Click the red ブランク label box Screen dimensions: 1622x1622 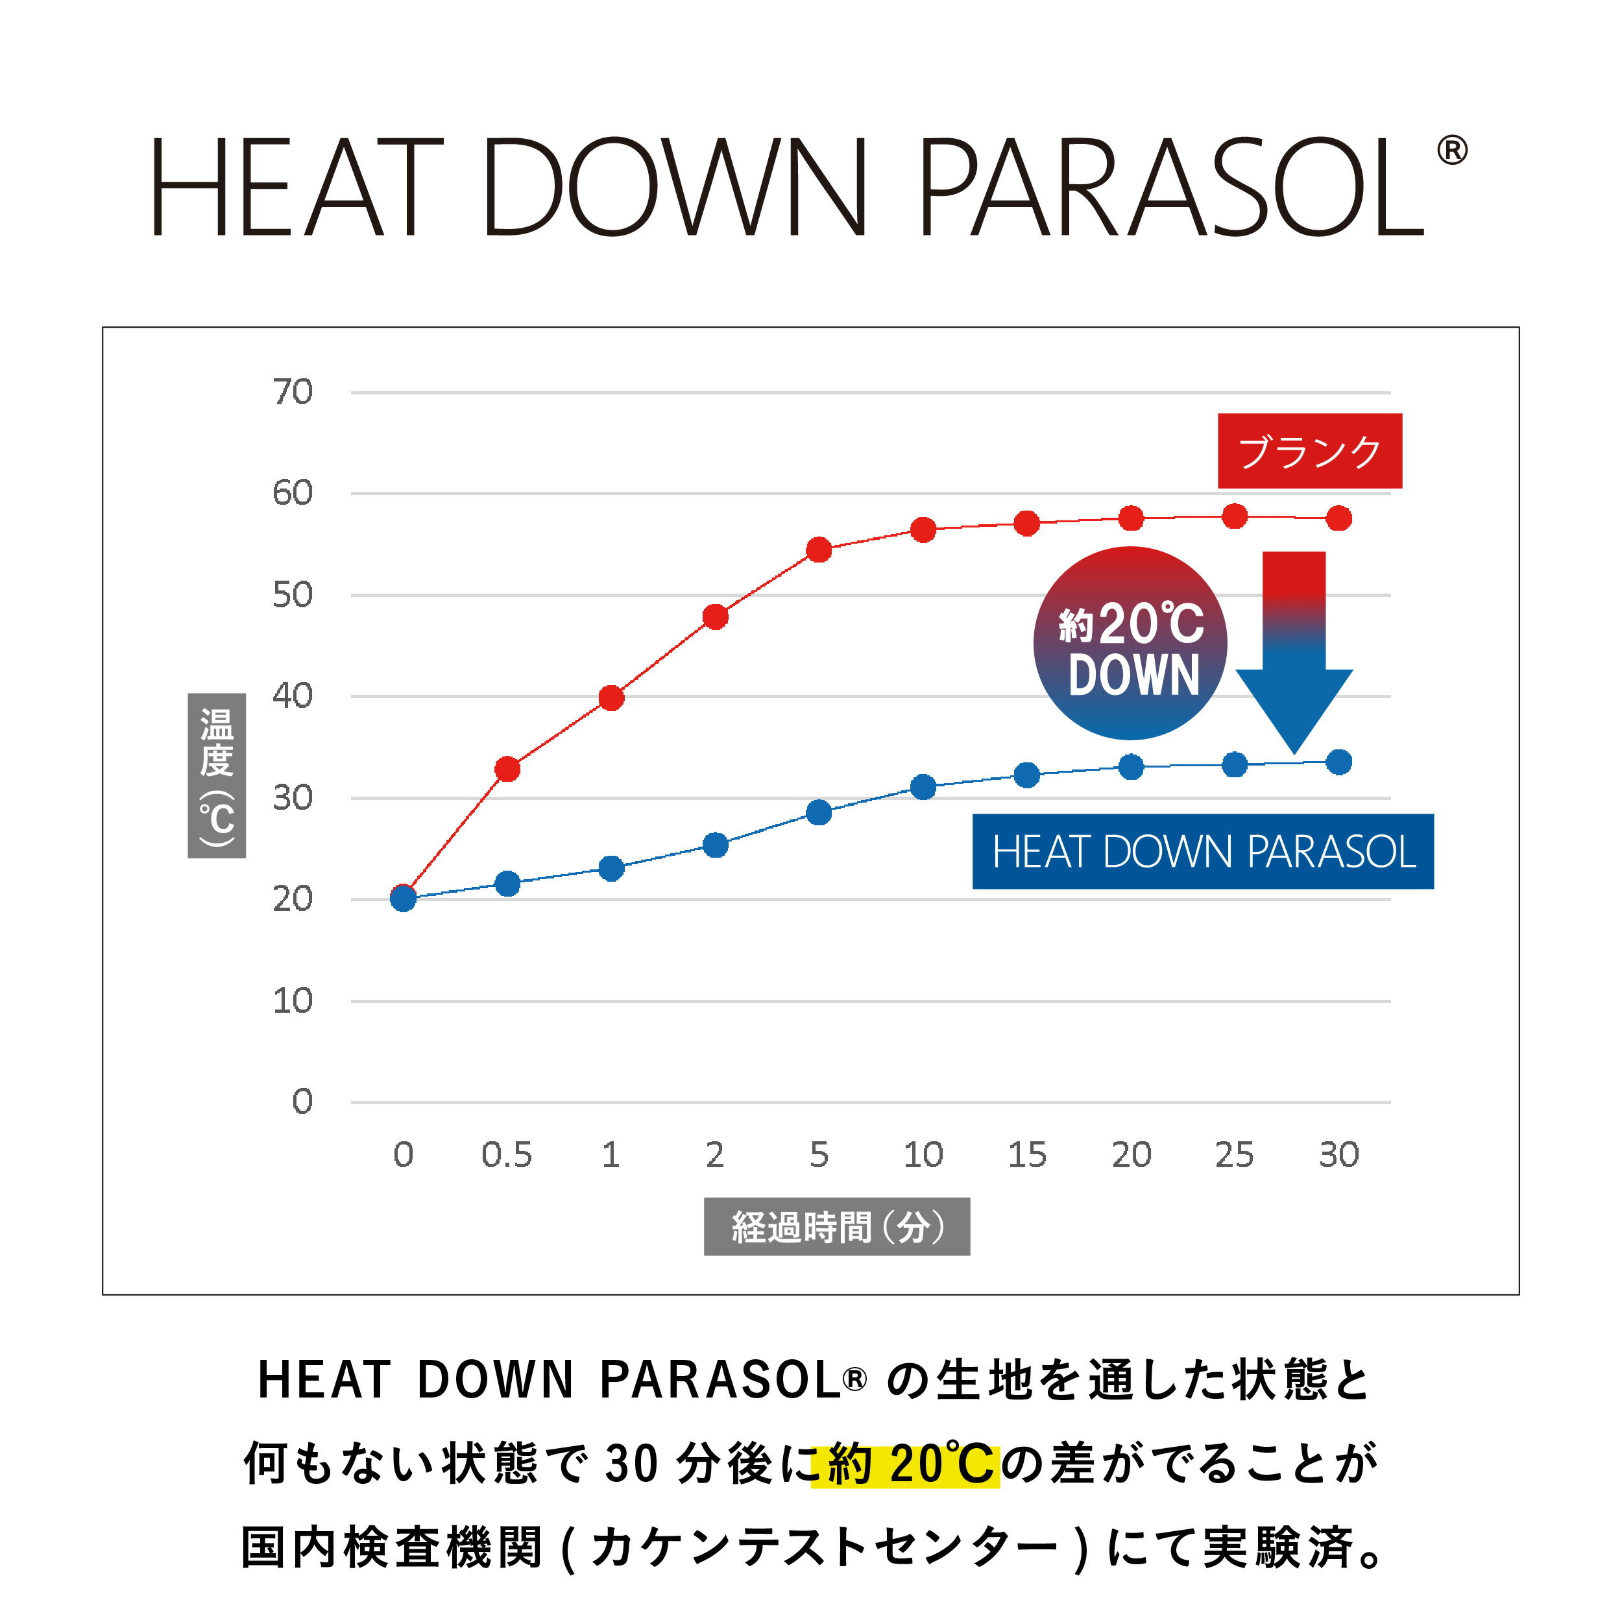pyautogui.click(x=1310, y=451)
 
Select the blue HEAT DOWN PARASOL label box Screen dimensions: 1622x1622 pyautogui.click(x=1203, y=851)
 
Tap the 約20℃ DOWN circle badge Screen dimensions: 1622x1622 pyautogui.click(x=1131, y=644)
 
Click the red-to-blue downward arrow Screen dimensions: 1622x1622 pyautogui.click(x=1294, y=651)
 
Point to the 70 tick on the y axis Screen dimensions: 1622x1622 pyautogui.click(x=292, y=392)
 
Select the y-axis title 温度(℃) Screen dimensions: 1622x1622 pyautogui.click(x=217, y=776)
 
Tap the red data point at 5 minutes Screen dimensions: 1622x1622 pyautogui.click(x=819, y=550)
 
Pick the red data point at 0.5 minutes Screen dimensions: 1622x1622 pyautogui.click(x=507, y=768)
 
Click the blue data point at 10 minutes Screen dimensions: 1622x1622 pyautogui.click(x=923, y=786)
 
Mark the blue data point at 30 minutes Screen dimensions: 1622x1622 pyautogui.click(x=1339, y=762)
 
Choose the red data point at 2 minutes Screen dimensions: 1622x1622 pyautogui.click(x=714, y=617)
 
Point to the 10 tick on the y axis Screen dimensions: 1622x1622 pyautogui.click(x=292, y=1000)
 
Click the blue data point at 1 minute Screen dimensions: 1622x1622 pyautogui.click(x=611, y=868)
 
